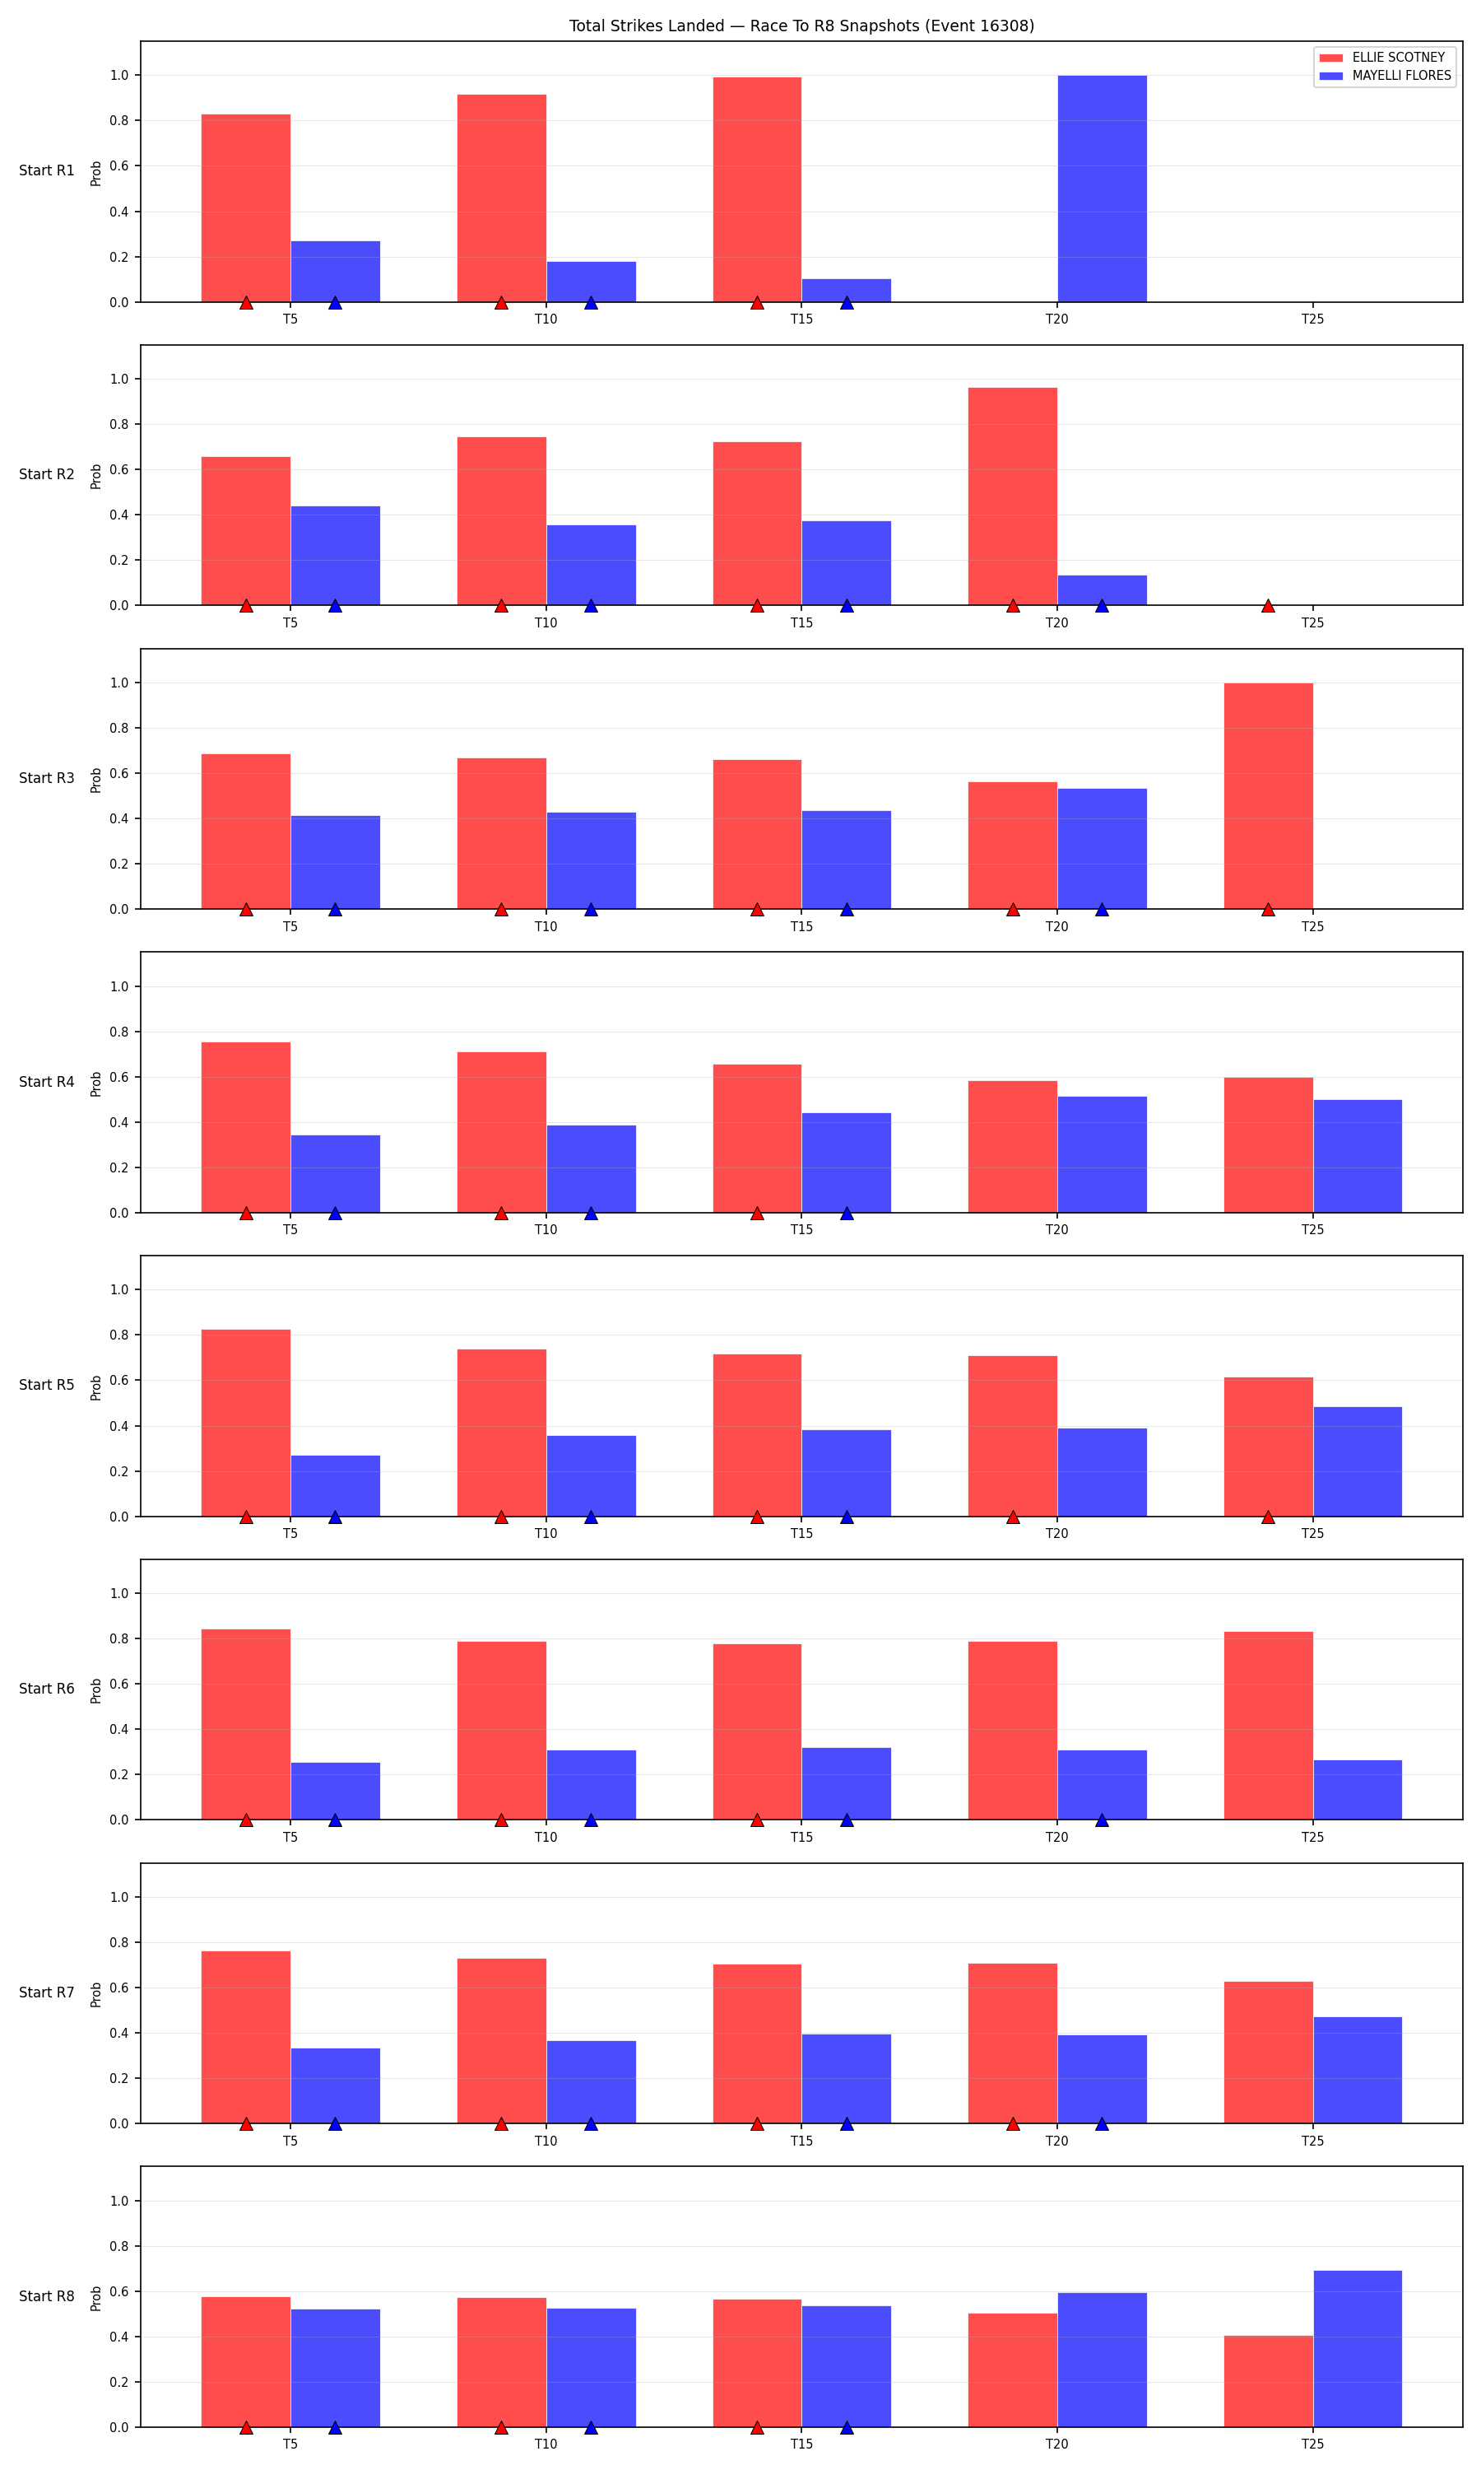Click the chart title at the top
click(801, 26)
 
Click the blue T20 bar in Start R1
click(1102, 189)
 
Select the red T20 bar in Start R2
click(1012, 496)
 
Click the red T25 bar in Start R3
click(1269, 795)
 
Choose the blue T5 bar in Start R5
click(336, 1485)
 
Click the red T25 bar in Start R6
click(1269, 1725)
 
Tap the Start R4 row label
click(47, 1082)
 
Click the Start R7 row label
click(47, 1992)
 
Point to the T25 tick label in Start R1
click(1312, 319)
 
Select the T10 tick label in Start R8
click(546, 2444)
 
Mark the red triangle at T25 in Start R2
click(1269, 606)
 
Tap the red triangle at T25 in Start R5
click(1269, 1517)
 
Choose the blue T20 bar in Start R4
click(1102, 1154)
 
